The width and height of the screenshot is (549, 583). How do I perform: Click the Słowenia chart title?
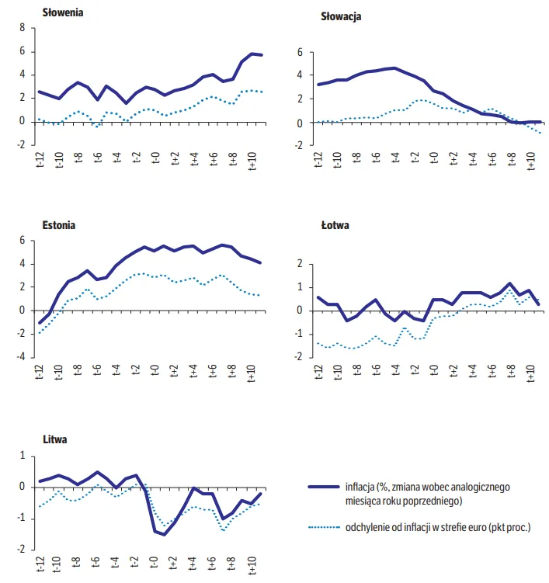click(62, 12)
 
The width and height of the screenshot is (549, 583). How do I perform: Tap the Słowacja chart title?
click(341, 17)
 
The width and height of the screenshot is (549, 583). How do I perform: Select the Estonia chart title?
click(59, 225)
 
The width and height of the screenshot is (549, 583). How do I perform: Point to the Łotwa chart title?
click(335, 225)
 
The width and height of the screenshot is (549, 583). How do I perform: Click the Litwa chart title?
click(55, 439)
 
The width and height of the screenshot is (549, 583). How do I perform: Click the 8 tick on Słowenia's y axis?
click(23, 27)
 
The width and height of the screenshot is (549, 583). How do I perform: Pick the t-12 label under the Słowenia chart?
click(40, 159)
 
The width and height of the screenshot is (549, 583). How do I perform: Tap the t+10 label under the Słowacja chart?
click(531, 161)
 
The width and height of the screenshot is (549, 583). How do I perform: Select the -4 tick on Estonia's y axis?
click(21, 357)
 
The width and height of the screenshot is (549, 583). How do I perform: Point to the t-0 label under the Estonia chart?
click(155, 370)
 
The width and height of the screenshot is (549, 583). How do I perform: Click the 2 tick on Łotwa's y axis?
click(300, 264)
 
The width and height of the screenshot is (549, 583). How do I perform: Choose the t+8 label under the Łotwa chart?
click(512, 371)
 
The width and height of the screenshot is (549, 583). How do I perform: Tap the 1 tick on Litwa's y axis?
click(23, 456)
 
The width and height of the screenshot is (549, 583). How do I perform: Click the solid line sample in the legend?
click(324, 487)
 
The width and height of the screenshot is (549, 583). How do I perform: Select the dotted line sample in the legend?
click(324, 527)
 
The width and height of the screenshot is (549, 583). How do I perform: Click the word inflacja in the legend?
click(360, 488)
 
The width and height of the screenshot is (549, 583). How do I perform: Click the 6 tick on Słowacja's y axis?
click(300, 53)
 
